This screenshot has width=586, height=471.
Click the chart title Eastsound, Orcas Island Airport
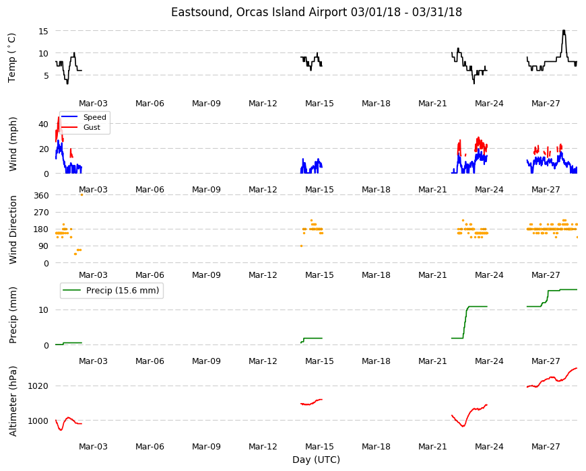(x=259, y=12)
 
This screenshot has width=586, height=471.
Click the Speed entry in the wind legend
(x=94, y=117)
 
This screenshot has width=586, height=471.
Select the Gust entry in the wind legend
(x=92, y=127)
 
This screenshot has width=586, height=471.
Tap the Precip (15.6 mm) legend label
(x=123, y=291)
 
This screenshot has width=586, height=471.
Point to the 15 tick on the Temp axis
(x=43, y=32)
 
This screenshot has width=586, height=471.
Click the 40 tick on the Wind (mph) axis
(x=43, y=124)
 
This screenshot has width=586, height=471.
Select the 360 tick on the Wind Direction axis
(x=41, y=196)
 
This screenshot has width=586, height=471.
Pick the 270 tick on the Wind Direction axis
(x=41, y=213)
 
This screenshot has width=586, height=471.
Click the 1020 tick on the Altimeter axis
(x=38, y=386)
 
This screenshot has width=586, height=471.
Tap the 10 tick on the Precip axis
(x=43, y=310)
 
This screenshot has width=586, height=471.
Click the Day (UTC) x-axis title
(x=316, y=460)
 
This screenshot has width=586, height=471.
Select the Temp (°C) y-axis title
(x=12, y=58)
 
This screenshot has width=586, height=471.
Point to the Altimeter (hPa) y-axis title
(x=13, y=401)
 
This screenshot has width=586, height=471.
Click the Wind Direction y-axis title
(x=13, y=229)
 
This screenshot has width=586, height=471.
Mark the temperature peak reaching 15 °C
(x=564, y=32)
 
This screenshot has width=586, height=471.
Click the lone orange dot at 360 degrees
(x=82, y=195)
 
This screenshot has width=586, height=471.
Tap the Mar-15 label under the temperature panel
(x=319, y=104)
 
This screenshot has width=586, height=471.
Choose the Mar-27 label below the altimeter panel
(x=546, y=446)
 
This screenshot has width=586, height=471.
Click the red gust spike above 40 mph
(x=59, y=118)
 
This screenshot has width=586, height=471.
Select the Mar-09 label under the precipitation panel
(x=206, y=361)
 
